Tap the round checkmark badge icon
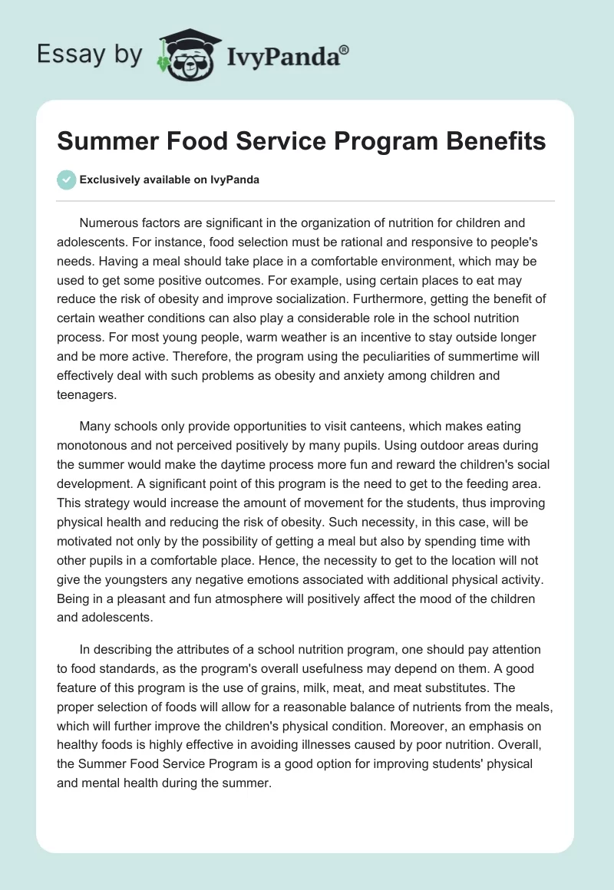(66, 180)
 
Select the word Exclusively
(108, 180)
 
